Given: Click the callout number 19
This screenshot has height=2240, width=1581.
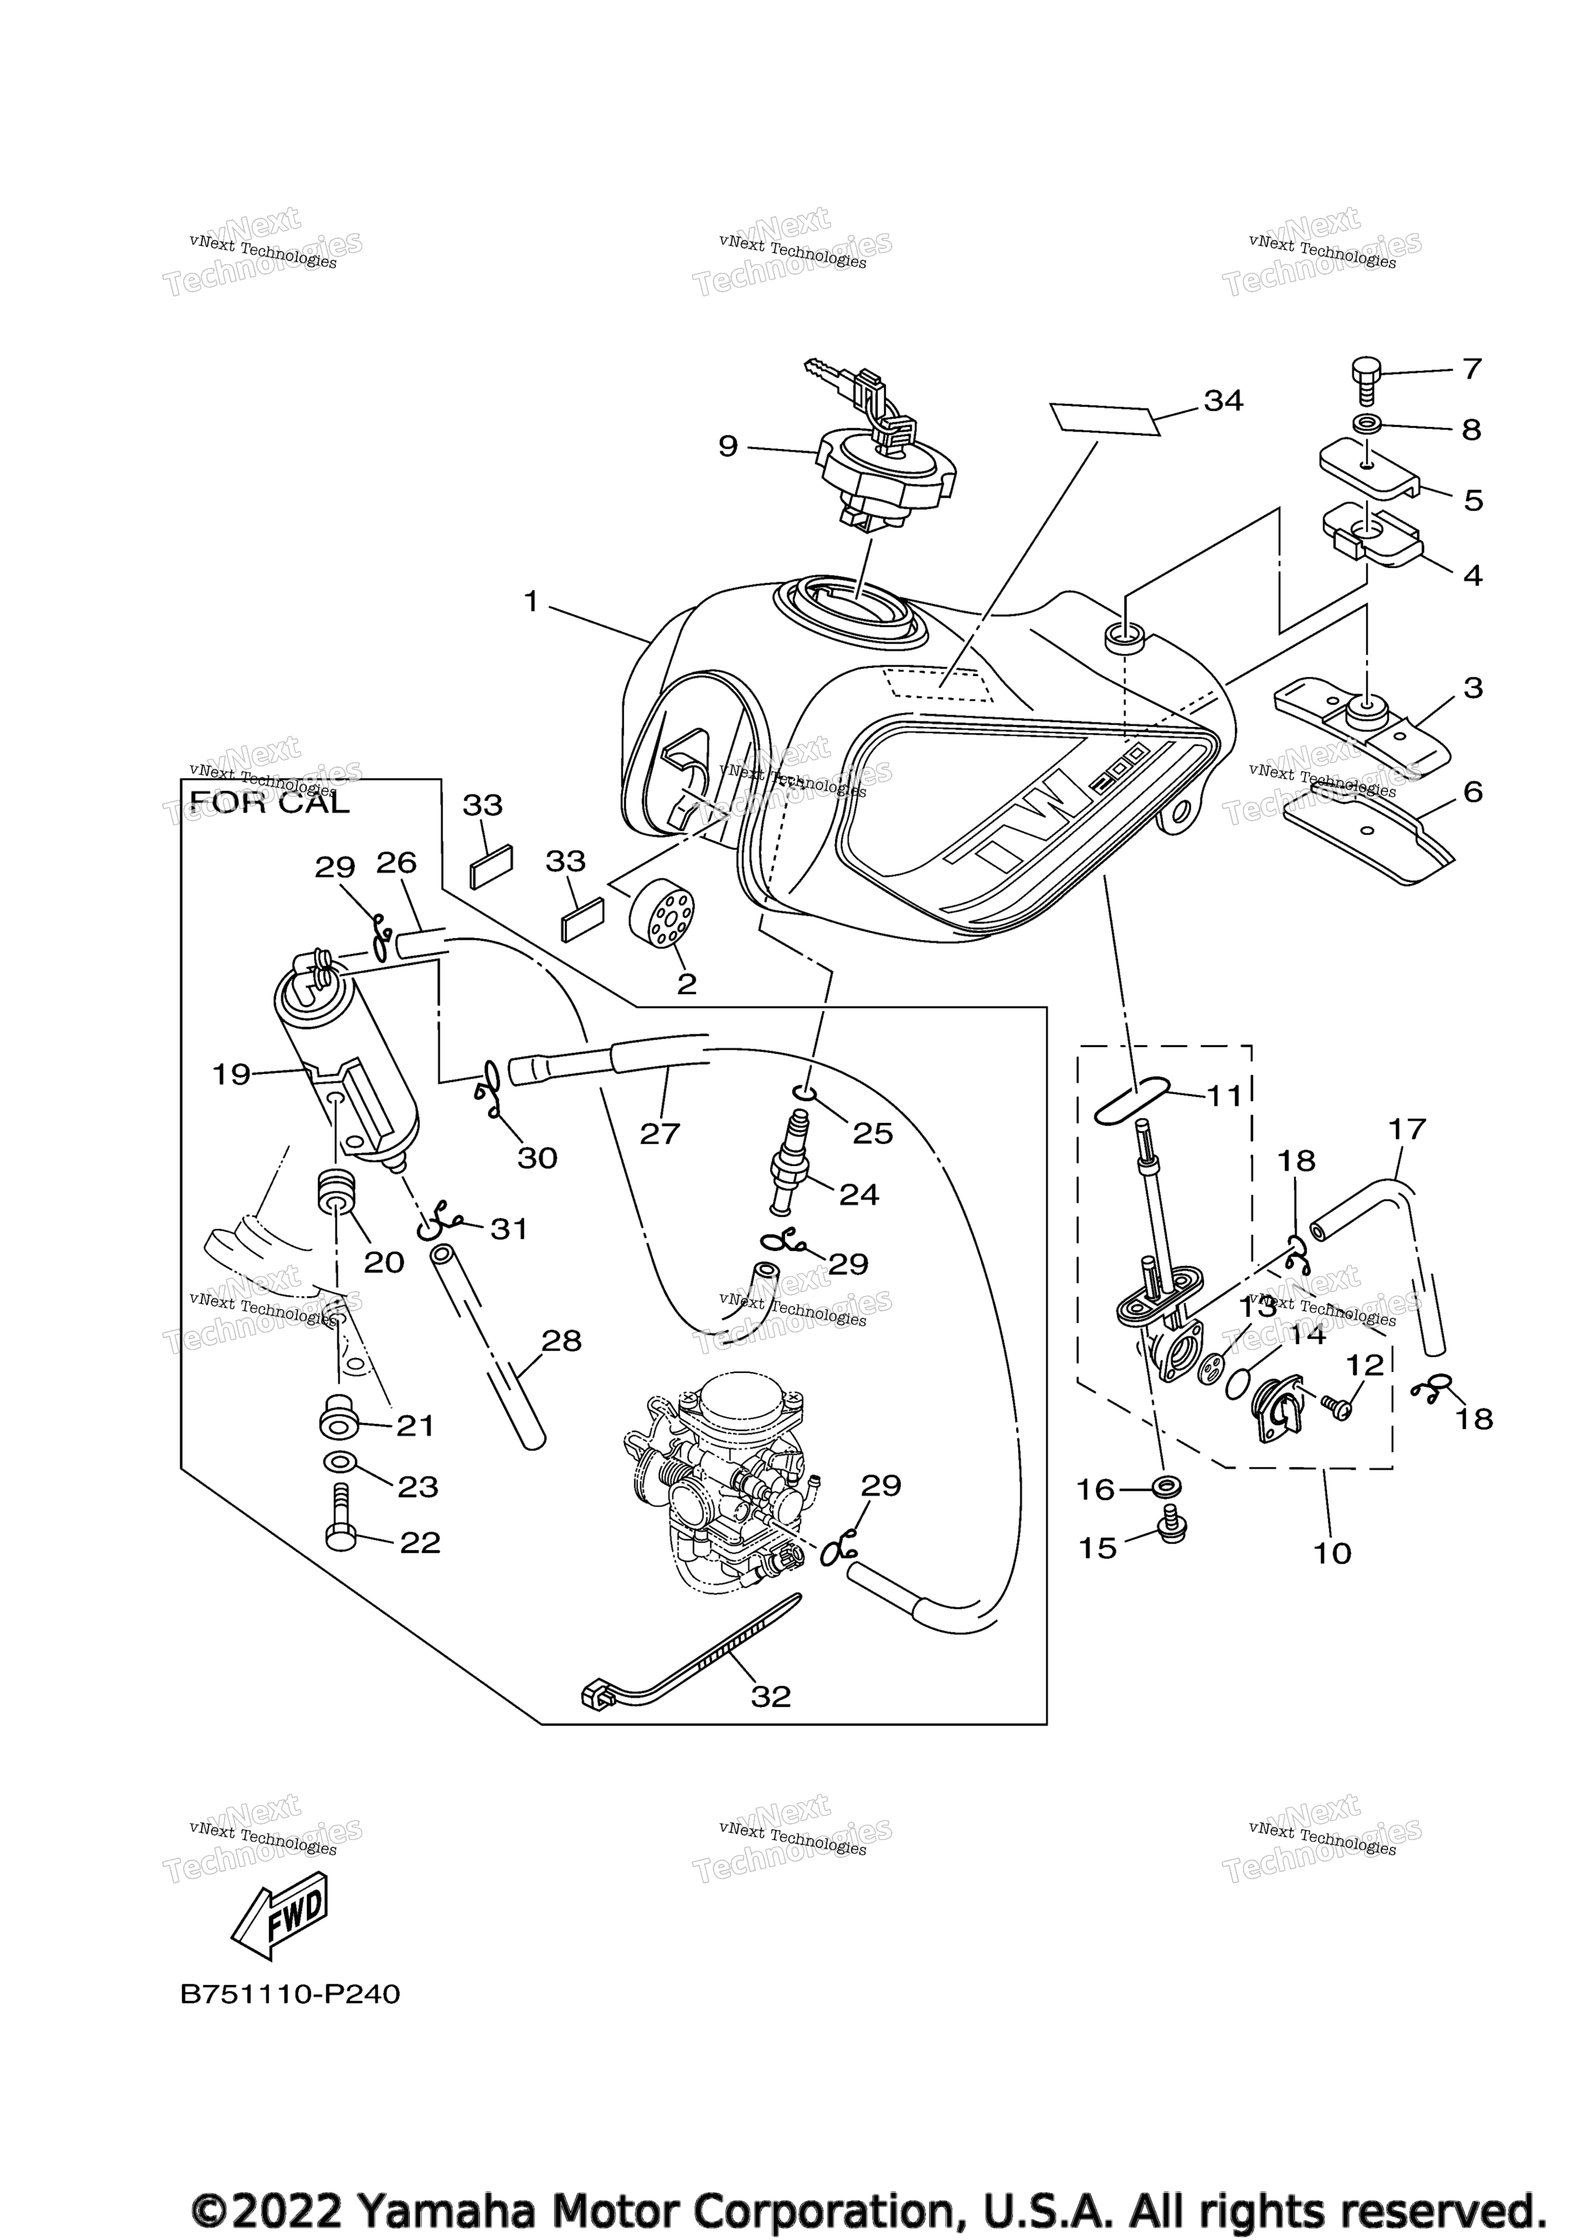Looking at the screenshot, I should click(x=231, y=1074).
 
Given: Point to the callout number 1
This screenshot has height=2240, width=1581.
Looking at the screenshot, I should click(x=531, y=602).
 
